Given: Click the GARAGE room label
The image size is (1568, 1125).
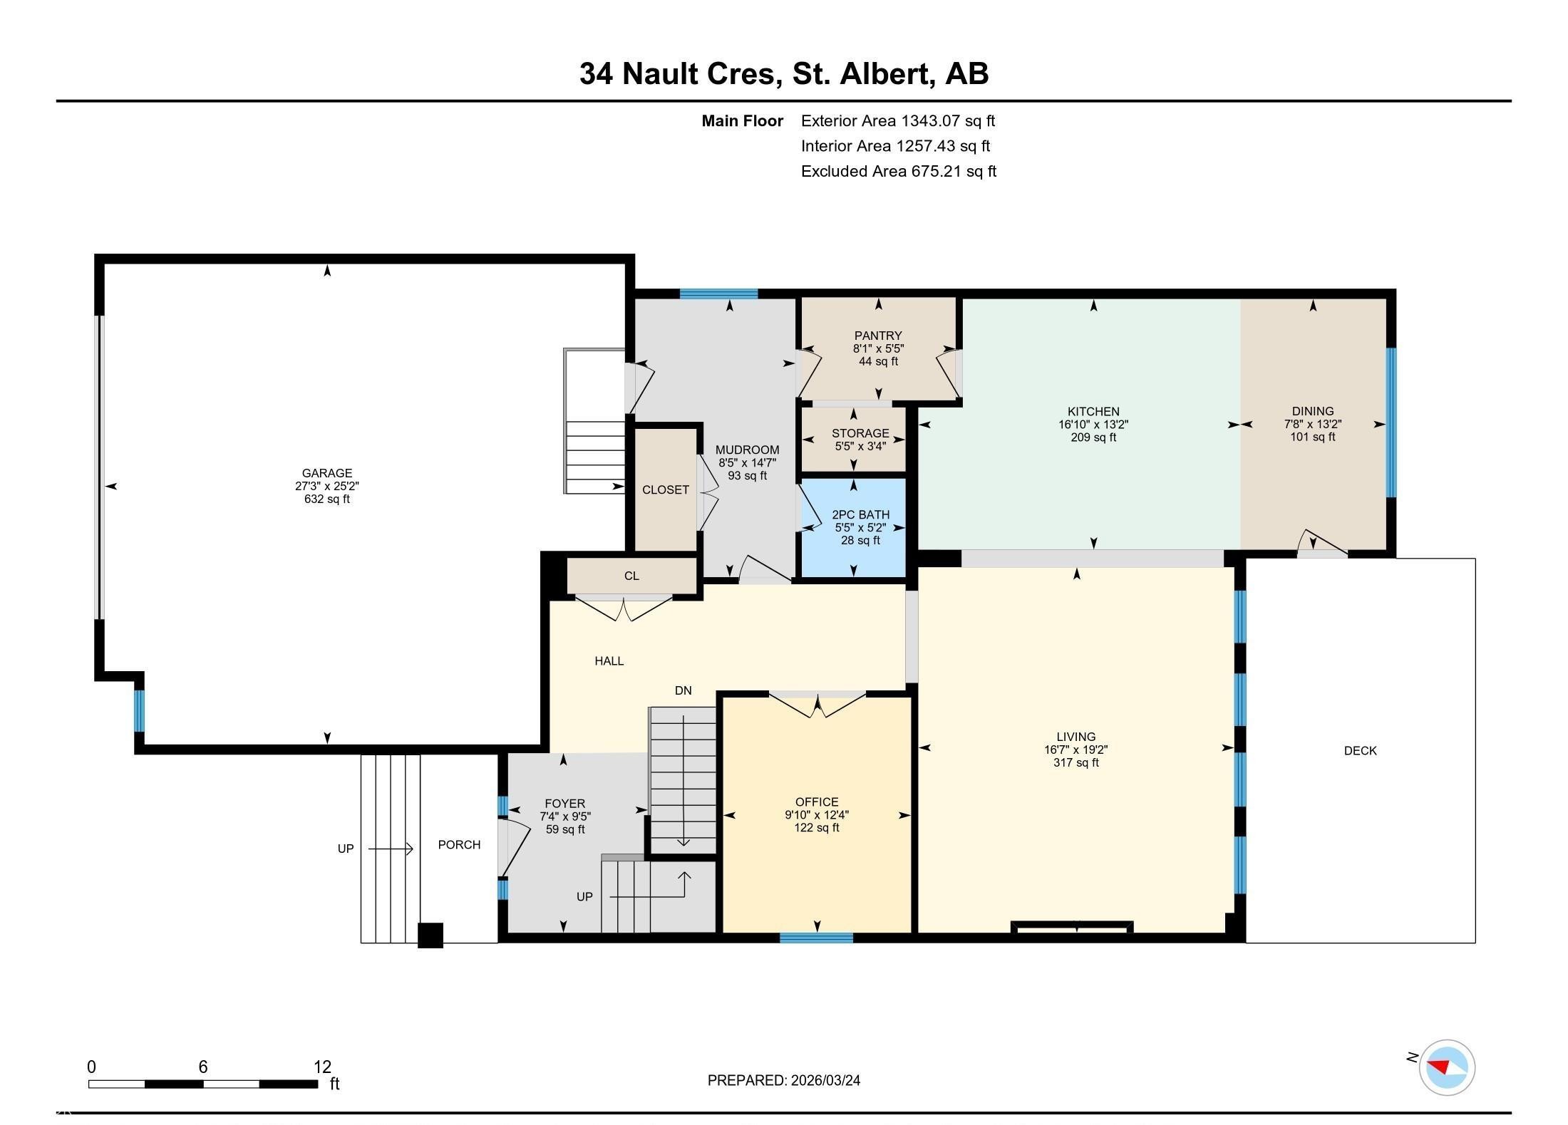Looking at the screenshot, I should pos(326,473).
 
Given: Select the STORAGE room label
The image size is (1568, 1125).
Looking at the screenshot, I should pos(860,433).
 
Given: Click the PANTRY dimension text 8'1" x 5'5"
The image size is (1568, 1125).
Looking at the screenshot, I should pos(878,349).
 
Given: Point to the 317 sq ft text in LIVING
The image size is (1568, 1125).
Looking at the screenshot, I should pos(1076,762).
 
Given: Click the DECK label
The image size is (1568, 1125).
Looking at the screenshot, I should pos(1360,750).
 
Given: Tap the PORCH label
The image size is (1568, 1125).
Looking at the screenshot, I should pos(459,844).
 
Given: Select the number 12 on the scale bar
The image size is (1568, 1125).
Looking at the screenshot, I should pos(322,1067).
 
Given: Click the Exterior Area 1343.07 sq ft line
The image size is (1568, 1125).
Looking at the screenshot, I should pos(897,120).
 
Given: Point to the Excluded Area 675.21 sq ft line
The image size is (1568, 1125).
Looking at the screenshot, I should pos(898,171).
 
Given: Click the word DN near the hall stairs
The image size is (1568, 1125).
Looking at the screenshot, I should pos(683,690).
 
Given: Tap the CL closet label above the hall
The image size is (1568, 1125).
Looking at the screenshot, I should pos(631,576).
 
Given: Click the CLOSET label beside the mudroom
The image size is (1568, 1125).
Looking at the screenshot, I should pos(665,489).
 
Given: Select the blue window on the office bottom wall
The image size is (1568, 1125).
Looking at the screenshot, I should pos(816,938).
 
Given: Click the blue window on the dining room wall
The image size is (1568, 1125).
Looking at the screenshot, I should pos(1390,422).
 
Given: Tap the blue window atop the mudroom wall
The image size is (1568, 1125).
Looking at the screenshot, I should pos(718,294).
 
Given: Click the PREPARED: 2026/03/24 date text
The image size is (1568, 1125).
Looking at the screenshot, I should pos(783,1080).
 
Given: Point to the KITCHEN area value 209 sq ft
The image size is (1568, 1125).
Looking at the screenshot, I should pos(1093,437).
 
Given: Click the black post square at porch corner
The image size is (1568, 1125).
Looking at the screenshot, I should pos(430,935).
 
